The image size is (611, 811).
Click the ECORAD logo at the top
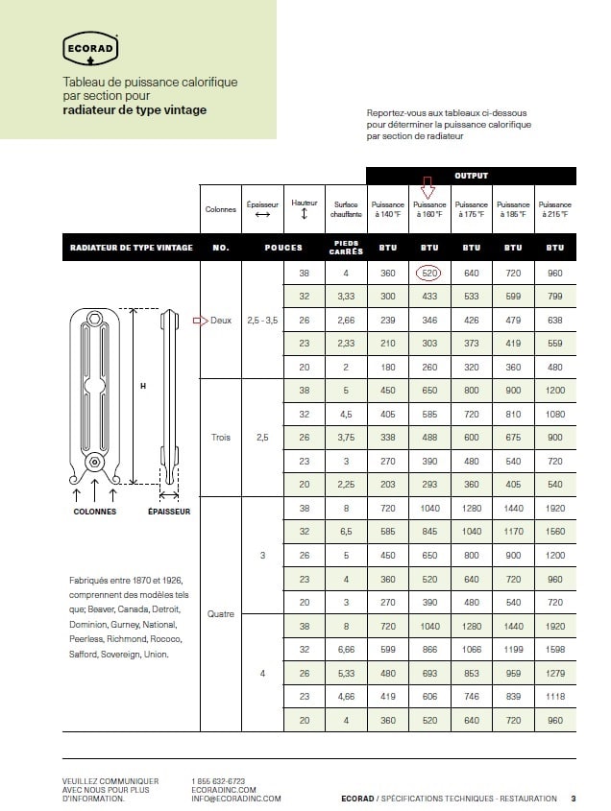coord(90,47)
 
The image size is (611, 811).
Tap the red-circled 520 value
coord(429,274)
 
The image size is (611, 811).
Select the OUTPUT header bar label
coord(471,176)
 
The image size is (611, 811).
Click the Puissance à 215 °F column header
coord(555,209)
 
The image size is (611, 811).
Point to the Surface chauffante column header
coord(346,209)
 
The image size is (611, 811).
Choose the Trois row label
coord(221,438)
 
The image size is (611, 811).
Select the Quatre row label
coord(221,613)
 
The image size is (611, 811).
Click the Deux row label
coord(221,320)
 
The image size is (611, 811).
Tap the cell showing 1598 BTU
coord(555,650)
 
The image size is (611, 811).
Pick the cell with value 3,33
coord(346,297)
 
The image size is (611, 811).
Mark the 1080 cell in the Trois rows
coord(555,415)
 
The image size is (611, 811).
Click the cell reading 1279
coord(555,673)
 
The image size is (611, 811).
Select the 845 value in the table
coord(429,532)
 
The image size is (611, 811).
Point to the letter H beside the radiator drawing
coord(142,386)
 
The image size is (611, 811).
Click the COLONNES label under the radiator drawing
coord(95,512)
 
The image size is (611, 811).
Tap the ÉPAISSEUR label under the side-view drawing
coord(169,512)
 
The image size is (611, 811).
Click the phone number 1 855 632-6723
coord(219,781)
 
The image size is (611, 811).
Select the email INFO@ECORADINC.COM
coord(236,799)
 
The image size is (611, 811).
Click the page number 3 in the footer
coord(573,799)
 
